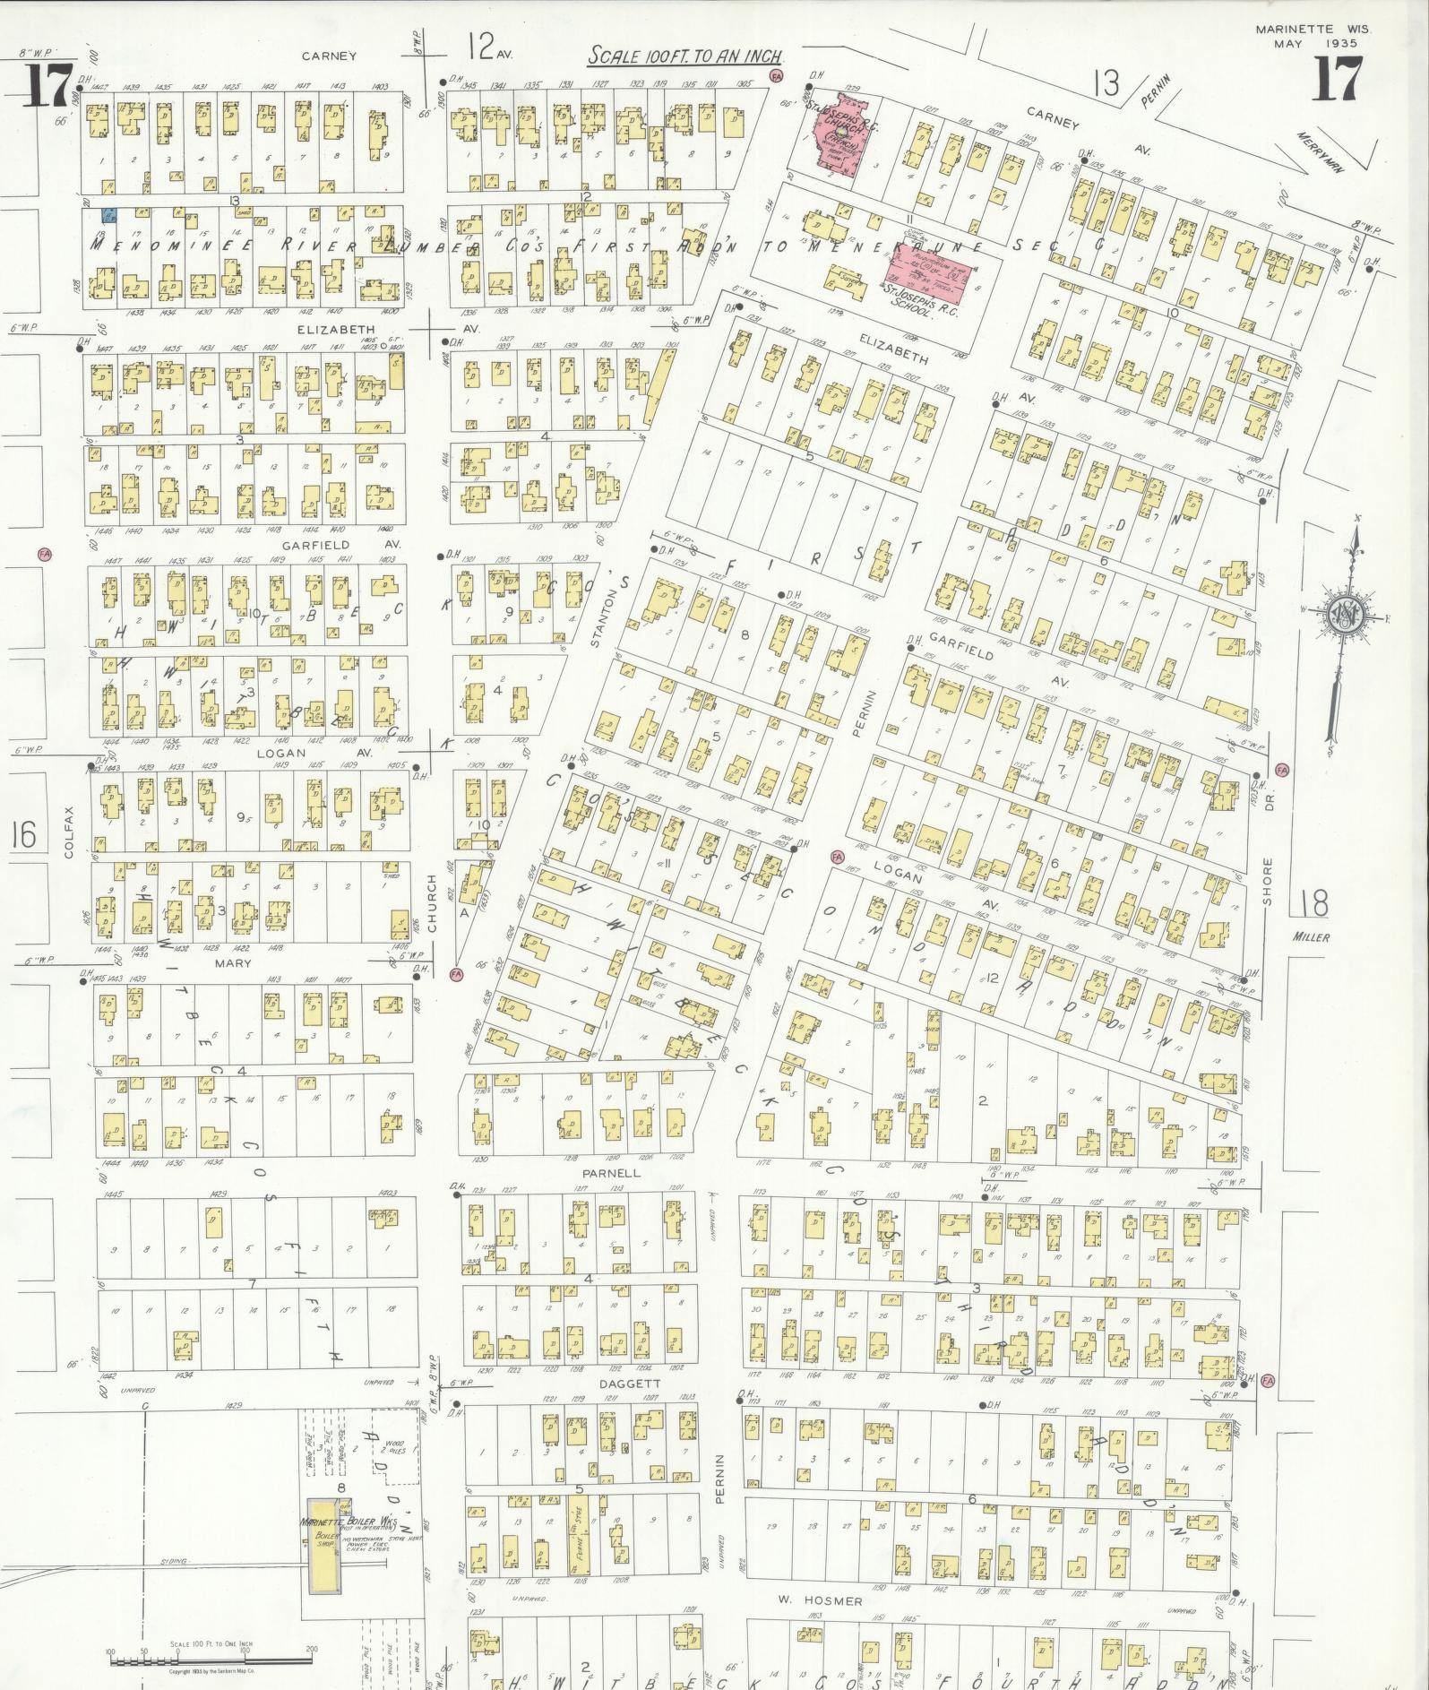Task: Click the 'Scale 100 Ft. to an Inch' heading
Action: click(684, 56)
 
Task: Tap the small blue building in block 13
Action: click(108, 216)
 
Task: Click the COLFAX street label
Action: click(70, 832)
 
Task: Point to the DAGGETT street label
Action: click(634, 1383)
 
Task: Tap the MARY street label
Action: click(233, 963)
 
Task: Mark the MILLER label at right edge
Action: click(1311, 937)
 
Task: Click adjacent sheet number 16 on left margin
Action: click(23, 835)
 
